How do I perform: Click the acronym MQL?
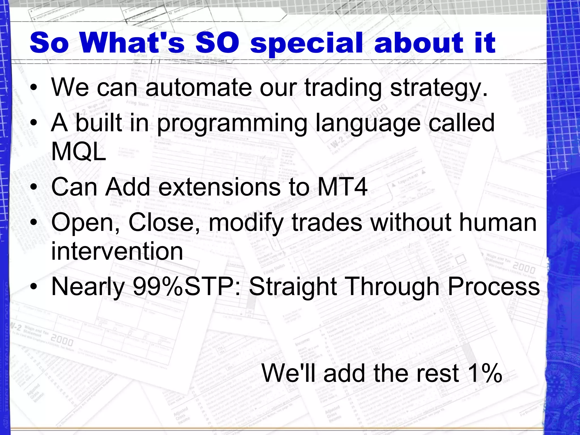coord(78,151)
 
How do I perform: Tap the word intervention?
coord(117,251)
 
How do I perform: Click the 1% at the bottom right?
coord(485,373)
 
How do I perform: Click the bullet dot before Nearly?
coord(34,287)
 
